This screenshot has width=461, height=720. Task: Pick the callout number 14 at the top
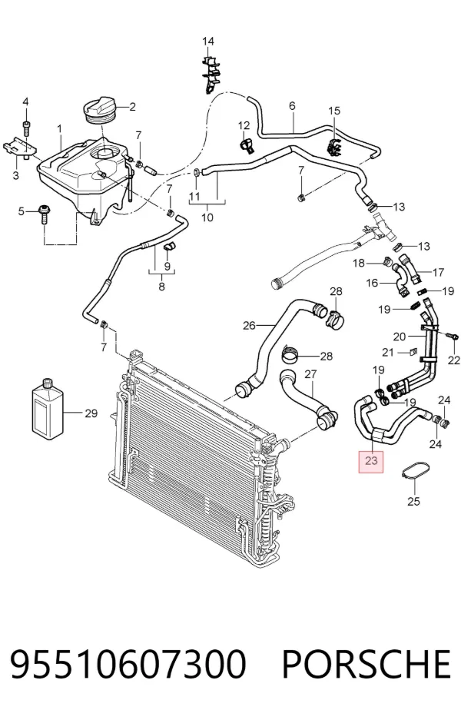(208, 41)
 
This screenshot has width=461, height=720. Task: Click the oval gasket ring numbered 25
(412, 473)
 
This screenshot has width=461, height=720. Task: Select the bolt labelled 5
(45, 213)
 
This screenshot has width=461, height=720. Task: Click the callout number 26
(249, 326)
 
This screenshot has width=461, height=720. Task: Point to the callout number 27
(311, 374)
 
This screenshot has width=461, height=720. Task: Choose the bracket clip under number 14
(211, 74)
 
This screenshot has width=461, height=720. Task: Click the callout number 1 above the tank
(60, 130)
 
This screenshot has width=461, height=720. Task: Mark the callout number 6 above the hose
(292, 105)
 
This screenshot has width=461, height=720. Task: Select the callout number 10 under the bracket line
(207, 217)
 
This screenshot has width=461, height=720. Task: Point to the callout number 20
(400, 337)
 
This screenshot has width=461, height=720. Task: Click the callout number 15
(334, 111)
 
